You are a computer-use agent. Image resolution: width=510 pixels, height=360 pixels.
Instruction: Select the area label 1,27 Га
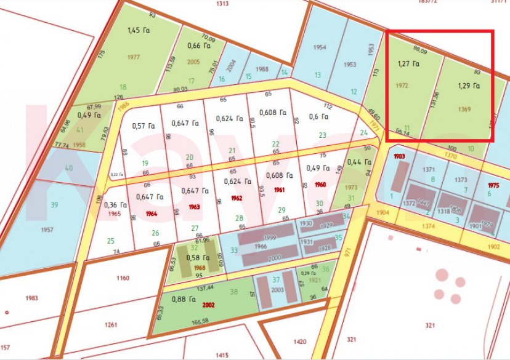tap(408, 63)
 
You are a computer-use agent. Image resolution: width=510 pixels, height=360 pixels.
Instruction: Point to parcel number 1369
tap(465, 109)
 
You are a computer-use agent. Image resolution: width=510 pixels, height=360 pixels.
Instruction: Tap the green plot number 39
tap(54, 205)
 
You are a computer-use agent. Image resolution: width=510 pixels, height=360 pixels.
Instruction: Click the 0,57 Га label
tap(142, 126)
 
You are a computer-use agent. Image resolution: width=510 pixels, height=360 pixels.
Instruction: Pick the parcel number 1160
tap(123, 278)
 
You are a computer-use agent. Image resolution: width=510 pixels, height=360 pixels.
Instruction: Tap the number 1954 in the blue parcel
tap(319, 48)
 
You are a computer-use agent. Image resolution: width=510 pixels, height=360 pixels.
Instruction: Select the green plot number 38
tap(233, 292)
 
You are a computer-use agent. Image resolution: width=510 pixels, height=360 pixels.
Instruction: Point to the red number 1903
tap(399, 158)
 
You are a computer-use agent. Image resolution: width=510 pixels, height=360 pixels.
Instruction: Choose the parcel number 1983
tap(32, 298)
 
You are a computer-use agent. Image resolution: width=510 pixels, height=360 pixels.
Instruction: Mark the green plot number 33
tap(233, 250)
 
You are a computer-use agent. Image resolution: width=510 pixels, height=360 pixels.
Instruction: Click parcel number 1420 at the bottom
tap(300, 341)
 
